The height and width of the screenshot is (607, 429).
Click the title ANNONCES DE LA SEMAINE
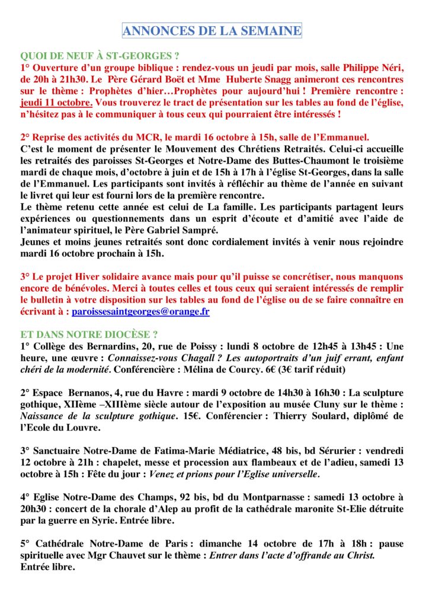pos(212,30)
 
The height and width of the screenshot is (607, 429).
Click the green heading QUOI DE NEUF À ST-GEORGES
pos(100,57)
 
